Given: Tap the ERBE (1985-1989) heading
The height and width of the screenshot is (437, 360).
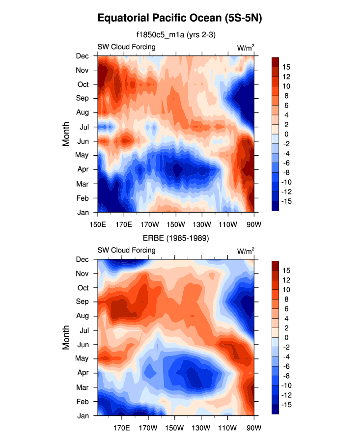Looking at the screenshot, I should pos(176,238).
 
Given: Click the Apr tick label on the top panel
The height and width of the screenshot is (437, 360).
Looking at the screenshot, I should pos(83,169).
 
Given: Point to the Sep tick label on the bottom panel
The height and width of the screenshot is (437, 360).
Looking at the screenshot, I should pos(83,301).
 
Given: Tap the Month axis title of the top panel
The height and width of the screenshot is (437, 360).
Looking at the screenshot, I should pos(67,134).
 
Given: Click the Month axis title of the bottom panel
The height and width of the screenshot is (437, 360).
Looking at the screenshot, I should pos(67,338).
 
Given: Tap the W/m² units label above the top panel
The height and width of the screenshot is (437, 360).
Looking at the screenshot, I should pos(246,48).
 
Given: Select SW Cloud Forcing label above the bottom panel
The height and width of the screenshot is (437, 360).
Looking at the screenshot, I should pos(127,250).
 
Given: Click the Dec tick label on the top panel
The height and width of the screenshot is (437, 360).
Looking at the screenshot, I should pos(83,56).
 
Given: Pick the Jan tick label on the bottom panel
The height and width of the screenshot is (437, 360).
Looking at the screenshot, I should pos(83,416).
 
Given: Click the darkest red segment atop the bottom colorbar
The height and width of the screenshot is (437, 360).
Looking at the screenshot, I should pos(276,265).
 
